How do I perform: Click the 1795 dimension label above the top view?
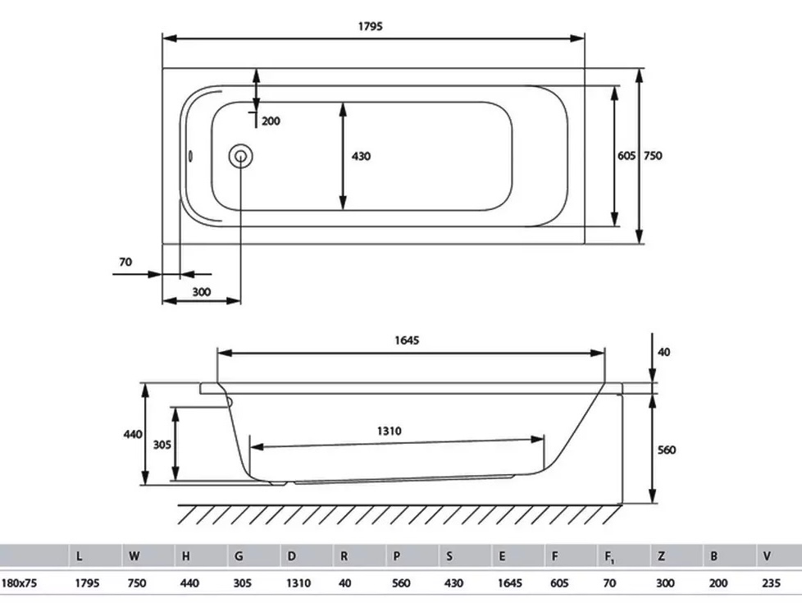coord(370,25)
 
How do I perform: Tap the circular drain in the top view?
coord(240,155)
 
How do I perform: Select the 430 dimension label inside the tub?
coord(361,156)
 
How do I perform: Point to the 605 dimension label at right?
coord(627,156)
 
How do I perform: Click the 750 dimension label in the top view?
coord(653,156)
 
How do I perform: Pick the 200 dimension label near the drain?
coord(271,121)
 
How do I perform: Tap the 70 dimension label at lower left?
coord(125,263)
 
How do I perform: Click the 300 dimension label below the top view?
coord(201,291)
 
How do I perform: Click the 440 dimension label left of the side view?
coord(133,434)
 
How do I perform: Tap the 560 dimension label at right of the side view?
coord(666,450)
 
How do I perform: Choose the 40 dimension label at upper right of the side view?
coord(664,352)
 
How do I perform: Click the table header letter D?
coord(292,555)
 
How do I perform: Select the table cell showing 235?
coord(772,584)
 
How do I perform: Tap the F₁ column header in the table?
coord(609,556)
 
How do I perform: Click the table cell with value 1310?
coord(298,584)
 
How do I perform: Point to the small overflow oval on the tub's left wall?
coord(190,156)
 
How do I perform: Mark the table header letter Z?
coord(661,555)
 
